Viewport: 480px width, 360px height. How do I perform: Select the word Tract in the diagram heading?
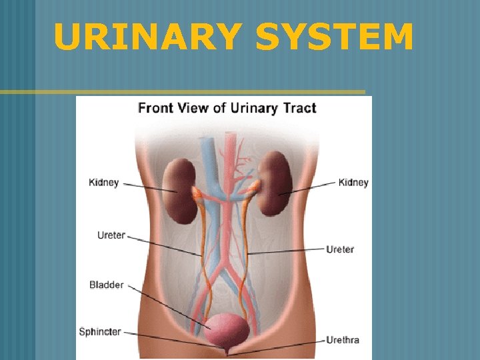point(299,107)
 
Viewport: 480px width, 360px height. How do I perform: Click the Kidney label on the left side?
point(104,183)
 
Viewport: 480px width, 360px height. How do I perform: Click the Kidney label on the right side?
point(353,183)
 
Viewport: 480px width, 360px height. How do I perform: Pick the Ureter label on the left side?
point(111,235)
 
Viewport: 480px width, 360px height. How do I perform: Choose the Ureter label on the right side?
point(340,249)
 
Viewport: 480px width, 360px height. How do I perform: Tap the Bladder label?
point(107,285)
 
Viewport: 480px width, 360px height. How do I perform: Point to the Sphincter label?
point(100,331)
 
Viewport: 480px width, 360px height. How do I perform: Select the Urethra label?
point(343,340)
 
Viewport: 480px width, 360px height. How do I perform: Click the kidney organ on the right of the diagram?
point(275,183)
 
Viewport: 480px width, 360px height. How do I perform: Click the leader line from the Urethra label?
point(280,345)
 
